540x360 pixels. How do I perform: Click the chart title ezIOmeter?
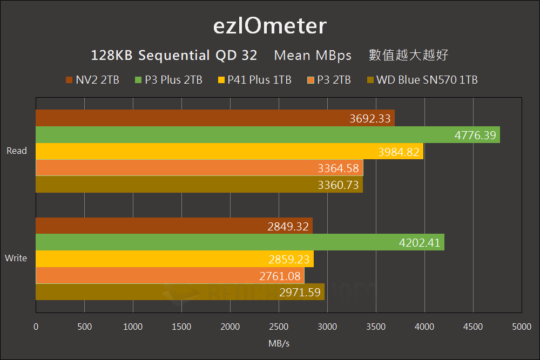269,25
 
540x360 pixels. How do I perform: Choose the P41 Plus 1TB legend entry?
254,80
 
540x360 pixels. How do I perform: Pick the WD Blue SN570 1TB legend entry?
422,80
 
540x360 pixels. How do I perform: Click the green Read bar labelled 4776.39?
267,135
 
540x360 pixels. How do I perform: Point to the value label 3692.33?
370,119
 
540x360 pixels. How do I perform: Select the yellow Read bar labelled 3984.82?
229,152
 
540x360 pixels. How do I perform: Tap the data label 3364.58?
339,168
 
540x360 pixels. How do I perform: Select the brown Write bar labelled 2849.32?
174,226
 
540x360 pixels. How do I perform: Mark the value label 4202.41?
420,243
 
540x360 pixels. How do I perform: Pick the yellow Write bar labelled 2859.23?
174,259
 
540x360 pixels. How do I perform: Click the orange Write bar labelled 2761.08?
170,276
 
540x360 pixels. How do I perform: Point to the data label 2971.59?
300,293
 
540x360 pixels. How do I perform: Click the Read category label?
17,151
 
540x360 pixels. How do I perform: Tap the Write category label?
16,258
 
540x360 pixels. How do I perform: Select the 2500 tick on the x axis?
279,327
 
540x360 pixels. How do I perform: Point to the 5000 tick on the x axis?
521,327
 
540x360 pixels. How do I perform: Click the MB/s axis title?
279,343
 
